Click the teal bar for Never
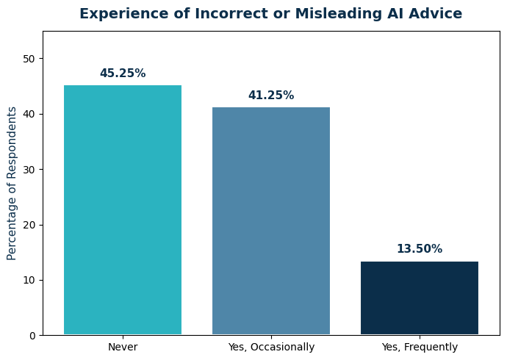point(123,210)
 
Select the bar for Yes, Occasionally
point(271,221)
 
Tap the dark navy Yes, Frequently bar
point(420,298)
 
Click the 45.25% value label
point(123,73)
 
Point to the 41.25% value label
point(271,96)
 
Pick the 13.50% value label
point(420,249)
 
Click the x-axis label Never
point(123,347)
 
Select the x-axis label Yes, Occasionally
point(271,347)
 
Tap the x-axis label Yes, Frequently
point(420,347)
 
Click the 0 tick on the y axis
point(32,336)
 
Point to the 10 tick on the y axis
point(29,280)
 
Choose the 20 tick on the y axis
point(29,225)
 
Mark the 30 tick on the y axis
point(29,170)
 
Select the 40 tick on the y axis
point(29,114)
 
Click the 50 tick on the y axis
point(29,59)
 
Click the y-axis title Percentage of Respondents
point(12,183)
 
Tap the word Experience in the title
point(118,14)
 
